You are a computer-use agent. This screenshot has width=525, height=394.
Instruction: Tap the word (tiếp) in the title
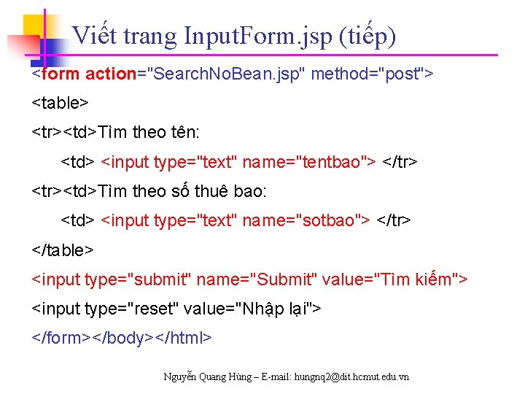tap(368, 36)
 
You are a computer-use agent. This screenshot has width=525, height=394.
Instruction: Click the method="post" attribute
tap(372, 74)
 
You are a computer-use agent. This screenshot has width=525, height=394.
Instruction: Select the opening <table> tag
tap(60, 103)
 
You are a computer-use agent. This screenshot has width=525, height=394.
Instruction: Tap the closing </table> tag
tap(63, 250)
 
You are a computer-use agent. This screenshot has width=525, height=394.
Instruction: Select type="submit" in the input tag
tap(139, 279)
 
